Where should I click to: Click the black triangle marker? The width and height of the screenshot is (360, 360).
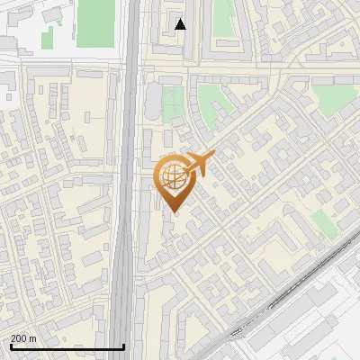181,24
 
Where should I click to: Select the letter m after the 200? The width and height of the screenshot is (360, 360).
33,338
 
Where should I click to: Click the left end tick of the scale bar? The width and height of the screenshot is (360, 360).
10,346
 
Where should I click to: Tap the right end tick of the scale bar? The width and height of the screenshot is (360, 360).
123,346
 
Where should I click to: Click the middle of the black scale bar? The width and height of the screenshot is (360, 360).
67,347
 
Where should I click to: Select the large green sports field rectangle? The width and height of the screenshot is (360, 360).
94,23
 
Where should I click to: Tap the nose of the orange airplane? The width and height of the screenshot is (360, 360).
213,157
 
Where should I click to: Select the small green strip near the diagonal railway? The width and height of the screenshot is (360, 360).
326,224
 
